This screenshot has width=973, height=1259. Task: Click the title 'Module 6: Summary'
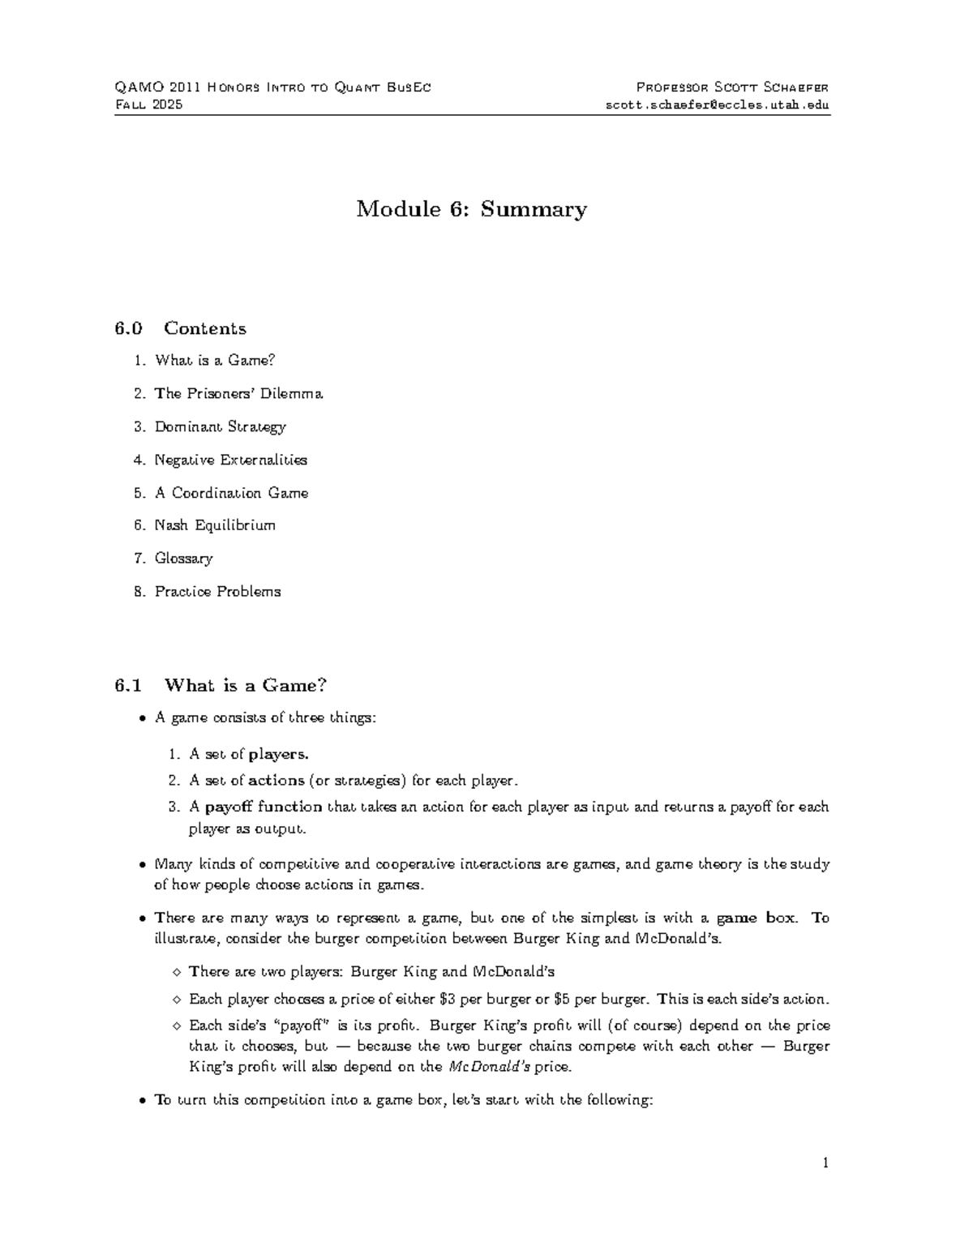(x=471, y=209)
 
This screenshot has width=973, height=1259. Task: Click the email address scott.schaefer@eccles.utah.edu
(x=717, y=105)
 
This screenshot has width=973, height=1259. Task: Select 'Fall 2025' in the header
(x=149, y=105)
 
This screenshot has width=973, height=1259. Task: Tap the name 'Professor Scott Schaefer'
(x=731, y=88)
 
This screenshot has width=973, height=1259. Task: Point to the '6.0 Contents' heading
(x=180, y=328)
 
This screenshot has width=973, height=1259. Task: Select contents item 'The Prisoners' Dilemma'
(x=238, y=393)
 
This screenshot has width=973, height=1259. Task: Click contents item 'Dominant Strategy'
(x=220, y=426)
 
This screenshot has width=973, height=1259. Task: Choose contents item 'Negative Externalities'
(x=231, y=460)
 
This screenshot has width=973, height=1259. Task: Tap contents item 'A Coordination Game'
(x=231, y=493)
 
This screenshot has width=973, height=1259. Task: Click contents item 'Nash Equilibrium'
(x=215, y=525)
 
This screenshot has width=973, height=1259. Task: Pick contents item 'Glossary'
(x=183, y=559)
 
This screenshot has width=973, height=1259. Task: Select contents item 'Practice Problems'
(x=217, y=592)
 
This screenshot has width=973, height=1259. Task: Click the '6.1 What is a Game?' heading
(x=221, y=686)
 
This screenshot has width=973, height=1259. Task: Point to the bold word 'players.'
(x=278, y=754)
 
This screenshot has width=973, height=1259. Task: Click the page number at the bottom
(x=825, y=1163)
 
